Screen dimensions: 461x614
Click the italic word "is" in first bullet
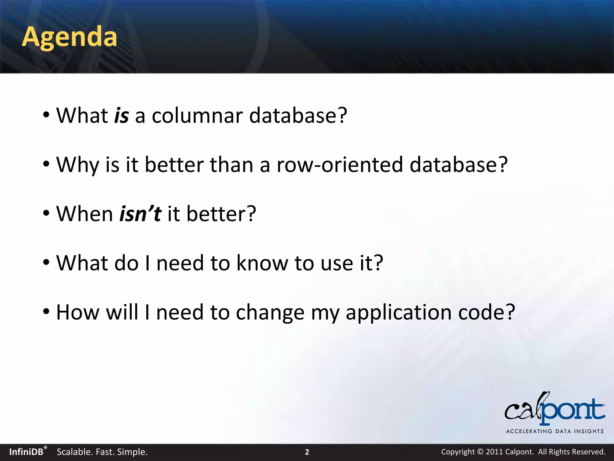[x=121, y=116]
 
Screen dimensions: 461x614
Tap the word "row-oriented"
[x=340, y=165]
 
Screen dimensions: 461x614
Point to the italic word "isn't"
[x=140, y=214]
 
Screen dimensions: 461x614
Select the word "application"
[x=398, y=312]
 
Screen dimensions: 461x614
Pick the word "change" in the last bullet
[x=270, y=312]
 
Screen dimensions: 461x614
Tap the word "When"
[x=85, y=214]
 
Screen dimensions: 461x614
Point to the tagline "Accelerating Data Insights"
[x=555, y=431]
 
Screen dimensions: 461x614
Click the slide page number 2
[x=307, y=452]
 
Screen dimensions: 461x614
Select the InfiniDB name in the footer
[x=26, y=452]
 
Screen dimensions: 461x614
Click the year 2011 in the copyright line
[x=494, y=452]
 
